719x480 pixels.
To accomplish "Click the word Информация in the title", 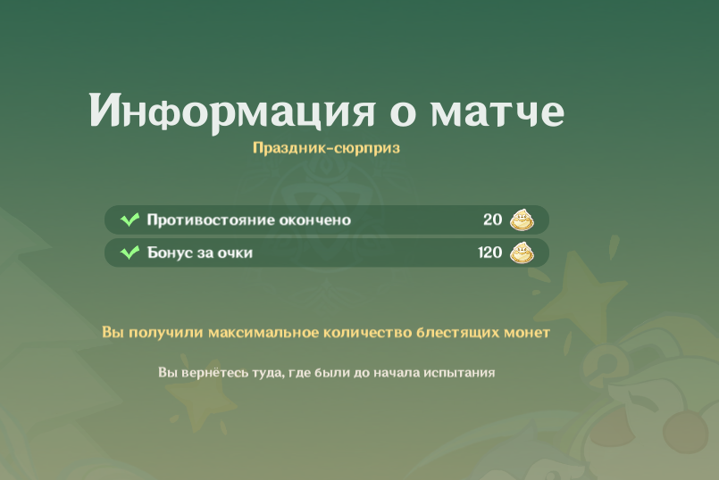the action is tap(232, 112).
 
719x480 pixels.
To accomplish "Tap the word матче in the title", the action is tap(497, 112).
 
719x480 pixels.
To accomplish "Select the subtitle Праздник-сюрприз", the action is tap(327, 148).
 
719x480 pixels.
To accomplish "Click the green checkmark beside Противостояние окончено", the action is tap(130, 219).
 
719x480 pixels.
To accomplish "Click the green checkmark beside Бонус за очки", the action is tap(130, 252).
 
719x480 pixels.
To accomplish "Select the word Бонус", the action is tap(168, 252).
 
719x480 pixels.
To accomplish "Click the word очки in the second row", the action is tap(235, 252).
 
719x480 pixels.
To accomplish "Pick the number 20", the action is tap(492, 219).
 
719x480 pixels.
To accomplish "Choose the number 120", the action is tap(490, 252).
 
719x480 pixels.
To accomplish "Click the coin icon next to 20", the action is tap(523, 219).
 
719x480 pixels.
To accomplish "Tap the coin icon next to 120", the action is tap(523, 252).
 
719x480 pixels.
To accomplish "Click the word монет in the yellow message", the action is tap(527, 333).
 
